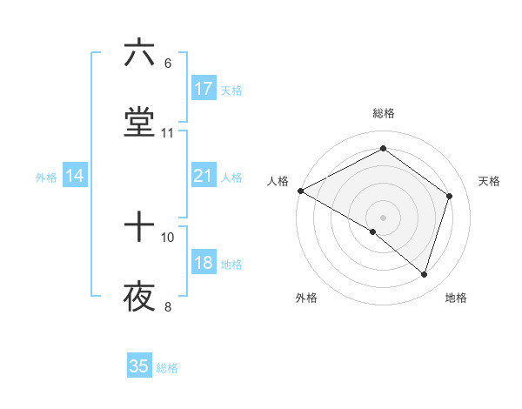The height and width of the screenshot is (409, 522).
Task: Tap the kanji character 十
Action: pos(139,228)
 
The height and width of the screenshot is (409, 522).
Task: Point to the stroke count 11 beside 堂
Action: pos(168,133)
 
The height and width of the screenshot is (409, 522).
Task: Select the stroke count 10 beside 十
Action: pos(168,237)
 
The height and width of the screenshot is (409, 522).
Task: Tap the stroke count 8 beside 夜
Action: pos(168,306)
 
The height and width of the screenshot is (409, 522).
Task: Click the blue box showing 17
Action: pos(204,89)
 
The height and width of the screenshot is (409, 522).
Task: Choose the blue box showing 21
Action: pos(204,176)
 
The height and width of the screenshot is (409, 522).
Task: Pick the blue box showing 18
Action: pos(204,264)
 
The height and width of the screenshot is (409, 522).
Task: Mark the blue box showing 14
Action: pos(75,176)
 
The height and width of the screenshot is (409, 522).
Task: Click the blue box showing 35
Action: pos(139,366)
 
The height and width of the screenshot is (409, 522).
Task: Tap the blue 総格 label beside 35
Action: pos(168,368)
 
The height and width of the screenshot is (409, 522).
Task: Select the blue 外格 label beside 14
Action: pos(46,178)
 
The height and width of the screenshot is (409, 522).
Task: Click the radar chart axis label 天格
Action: pos(490,181)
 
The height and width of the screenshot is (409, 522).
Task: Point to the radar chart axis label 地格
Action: pos(456,298)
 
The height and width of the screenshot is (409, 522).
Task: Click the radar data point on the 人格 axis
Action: pos(300,190)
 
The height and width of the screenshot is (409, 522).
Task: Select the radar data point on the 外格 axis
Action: pos(373,231)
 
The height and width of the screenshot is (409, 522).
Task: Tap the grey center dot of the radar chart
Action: pos(383,217)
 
